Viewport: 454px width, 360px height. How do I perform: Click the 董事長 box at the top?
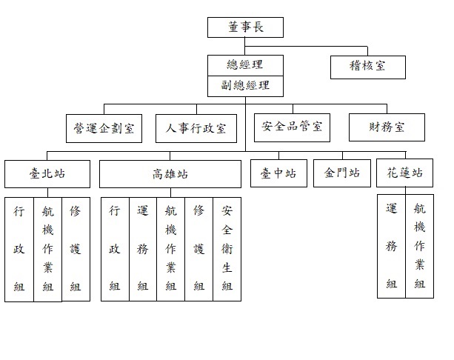245,27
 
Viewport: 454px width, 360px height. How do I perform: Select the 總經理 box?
245,65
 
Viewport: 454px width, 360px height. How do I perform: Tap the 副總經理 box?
245,87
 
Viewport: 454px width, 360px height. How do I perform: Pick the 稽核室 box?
368,67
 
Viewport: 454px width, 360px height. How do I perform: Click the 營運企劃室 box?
104,128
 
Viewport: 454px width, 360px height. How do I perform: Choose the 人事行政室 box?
196,128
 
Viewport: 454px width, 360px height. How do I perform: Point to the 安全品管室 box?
292,127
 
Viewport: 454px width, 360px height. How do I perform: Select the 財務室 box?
387,127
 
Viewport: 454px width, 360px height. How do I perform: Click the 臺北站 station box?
47,174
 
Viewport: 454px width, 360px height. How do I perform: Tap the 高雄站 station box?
170,174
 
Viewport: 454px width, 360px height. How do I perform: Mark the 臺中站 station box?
278,173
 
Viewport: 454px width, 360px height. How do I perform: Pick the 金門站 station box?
342,173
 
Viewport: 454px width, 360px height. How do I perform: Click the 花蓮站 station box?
405,173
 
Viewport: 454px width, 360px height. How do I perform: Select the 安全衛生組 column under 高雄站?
227,249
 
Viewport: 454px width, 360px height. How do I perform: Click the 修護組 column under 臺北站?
76,249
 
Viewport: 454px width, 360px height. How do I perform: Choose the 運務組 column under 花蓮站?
391,246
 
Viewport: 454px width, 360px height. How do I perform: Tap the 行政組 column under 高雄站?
115,249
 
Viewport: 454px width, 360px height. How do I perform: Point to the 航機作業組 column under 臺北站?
48,250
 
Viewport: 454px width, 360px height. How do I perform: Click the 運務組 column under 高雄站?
143,249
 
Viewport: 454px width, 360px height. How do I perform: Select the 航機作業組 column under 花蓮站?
419,246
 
